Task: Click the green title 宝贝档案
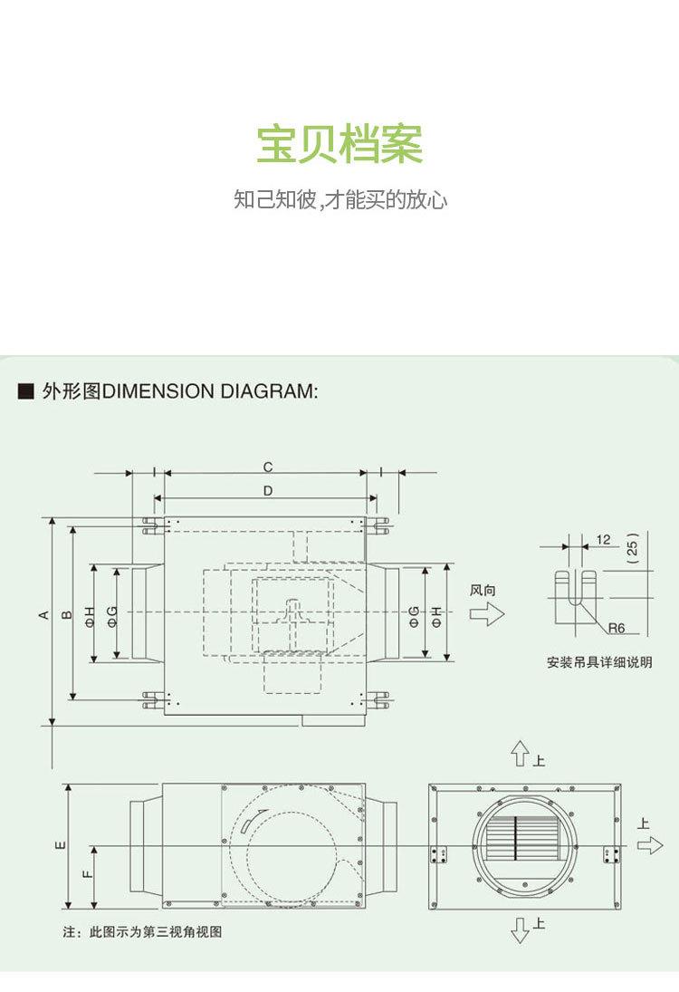point(339,145)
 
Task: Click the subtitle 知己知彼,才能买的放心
point(340,199)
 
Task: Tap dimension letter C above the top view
point(268,467)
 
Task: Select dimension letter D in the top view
point(268,490)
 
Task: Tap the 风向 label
point(483,590)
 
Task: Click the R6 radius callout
point(617,628)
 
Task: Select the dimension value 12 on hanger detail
point(604,540)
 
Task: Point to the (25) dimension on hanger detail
point(633,547)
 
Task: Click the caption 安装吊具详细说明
point(599,662)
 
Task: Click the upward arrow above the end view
point(520,753)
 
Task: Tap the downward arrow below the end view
point(520,929)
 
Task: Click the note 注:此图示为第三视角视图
point(142,931)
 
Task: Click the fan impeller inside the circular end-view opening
point(519,836)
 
